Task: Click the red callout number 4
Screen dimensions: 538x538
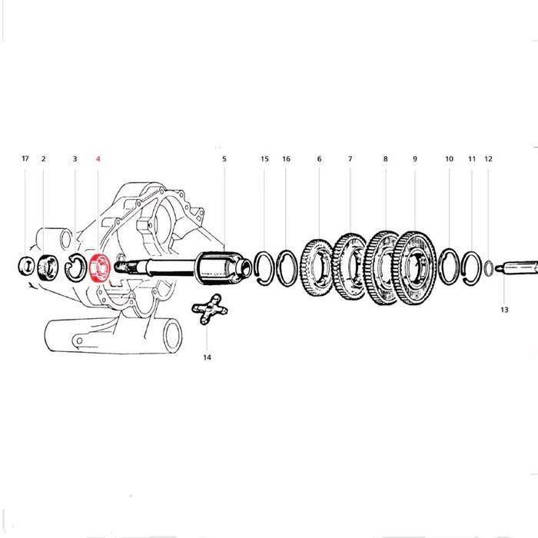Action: (x=98, y=159)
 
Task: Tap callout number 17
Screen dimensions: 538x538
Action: (x=25, y=159)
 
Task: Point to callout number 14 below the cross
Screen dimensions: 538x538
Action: (x=207, y=357)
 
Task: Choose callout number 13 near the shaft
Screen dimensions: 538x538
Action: (x=504, y=310)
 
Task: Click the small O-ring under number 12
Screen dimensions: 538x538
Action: (x=489, y=268)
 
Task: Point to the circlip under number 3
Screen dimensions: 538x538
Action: (x=76, y=267)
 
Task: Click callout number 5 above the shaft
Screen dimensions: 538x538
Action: (x=224, y=159)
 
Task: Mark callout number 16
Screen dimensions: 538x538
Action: (x=286, y=159)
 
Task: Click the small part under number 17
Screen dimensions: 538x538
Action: (x=25, y=267)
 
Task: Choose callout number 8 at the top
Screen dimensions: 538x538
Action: (x=385, y=159)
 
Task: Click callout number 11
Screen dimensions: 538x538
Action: (x=472, y=159)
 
